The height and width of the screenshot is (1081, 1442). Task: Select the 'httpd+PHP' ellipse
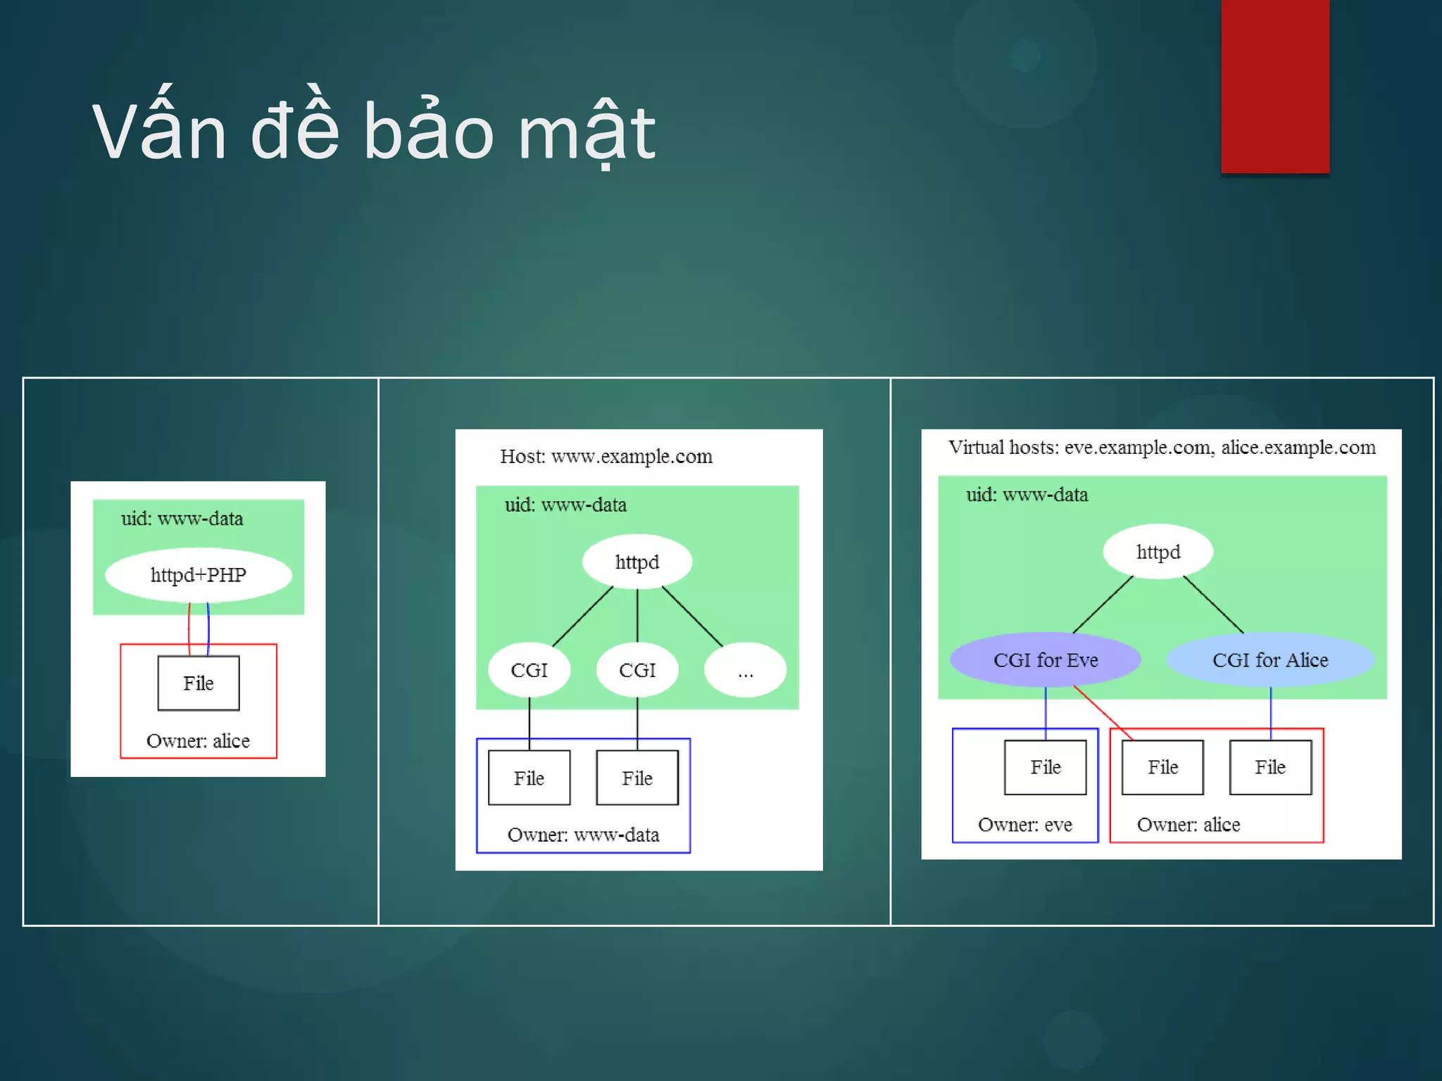199,575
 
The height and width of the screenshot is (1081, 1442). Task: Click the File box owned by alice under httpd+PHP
199,683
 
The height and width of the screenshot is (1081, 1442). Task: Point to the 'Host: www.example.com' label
606,456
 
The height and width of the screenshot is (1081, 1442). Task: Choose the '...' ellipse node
745,670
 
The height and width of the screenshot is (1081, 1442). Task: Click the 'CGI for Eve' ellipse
1046,660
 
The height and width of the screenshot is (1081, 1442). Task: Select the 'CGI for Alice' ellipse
1270,660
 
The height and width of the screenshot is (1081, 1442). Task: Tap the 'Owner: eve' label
1024,824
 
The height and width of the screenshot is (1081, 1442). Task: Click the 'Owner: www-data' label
583,835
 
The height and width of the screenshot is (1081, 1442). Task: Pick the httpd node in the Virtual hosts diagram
1158,552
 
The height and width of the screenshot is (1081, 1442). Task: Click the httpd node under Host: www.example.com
637,562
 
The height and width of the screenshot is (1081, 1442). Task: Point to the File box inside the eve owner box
1046,767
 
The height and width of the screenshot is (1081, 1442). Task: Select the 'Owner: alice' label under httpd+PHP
198,740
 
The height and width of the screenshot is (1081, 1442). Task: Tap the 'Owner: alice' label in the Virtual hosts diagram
1189,824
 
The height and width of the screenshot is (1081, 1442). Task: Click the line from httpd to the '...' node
692,616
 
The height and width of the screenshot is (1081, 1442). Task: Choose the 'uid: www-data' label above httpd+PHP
182,519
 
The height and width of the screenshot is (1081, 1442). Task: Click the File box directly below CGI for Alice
1270,767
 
